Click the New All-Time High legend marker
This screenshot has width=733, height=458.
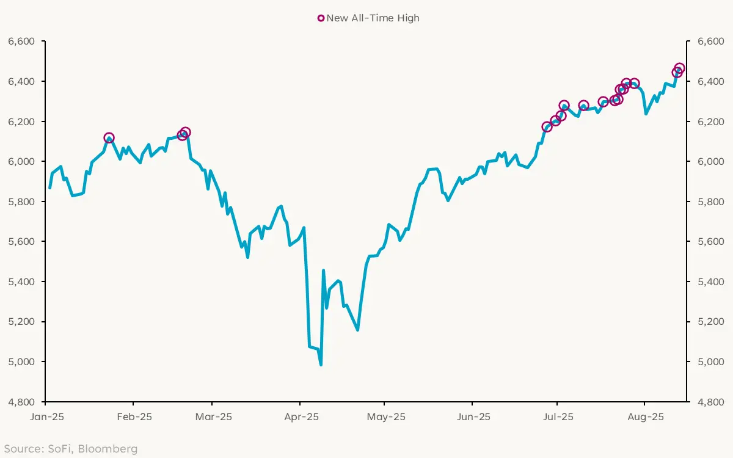point(321,18)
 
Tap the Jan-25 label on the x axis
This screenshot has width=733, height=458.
point(46,418)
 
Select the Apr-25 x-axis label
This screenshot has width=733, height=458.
point(301,418)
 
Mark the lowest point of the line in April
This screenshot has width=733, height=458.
point(321,365)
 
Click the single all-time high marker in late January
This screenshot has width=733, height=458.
point(109,138)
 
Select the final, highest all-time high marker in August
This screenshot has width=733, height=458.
point(679,68)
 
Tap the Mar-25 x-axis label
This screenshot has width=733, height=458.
point(213,418)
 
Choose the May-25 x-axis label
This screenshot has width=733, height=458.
point(387,418)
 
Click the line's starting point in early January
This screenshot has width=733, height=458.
point(49,187)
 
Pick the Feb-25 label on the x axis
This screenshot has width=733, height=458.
point(134,418)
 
